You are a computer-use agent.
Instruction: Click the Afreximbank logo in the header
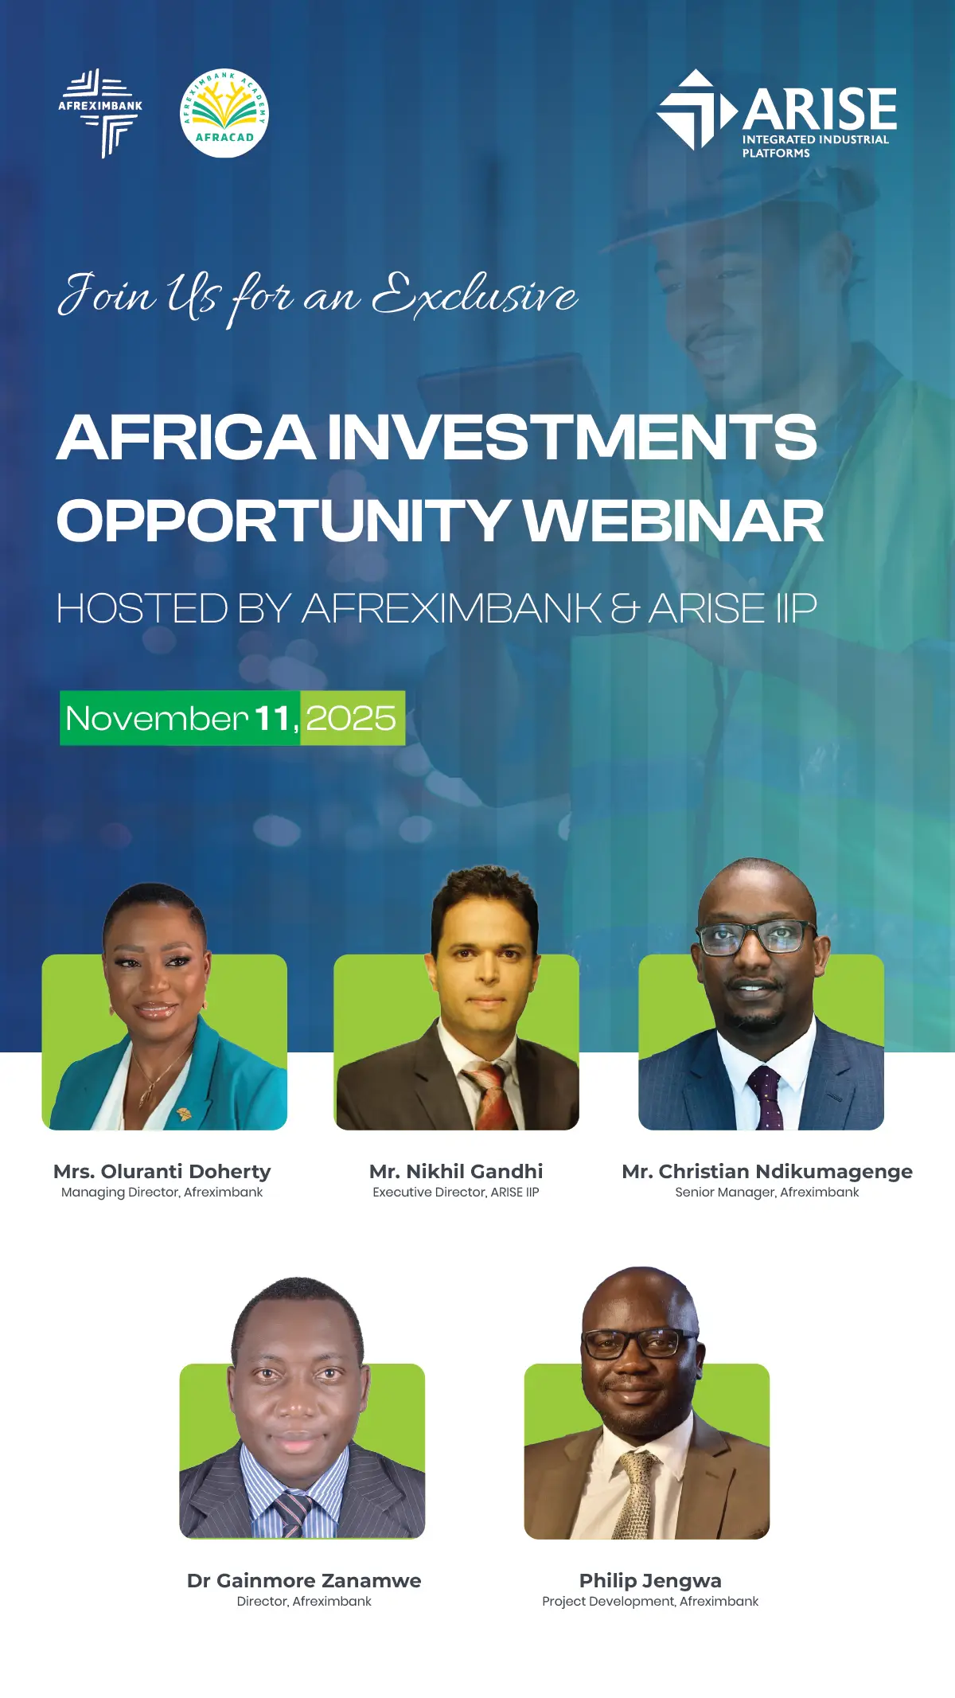click(x=100, y=112)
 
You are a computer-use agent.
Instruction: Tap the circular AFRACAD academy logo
click(x=224, y=112)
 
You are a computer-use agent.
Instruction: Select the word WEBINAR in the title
click(x=672, y=521)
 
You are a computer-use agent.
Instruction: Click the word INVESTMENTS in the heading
click(x=571, y=437)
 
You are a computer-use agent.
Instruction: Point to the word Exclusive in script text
click(x=474, y=295)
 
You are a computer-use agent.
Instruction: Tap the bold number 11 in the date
click(x=271, y=718)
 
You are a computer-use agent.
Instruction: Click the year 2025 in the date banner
click(x=351, y=718)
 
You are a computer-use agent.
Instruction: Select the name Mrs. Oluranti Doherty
click(x=162, y=1171)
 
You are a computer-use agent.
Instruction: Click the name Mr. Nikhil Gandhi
click(x=456, y=1171)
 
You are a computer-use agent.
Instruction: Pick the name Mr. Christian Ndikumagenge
click(x=767, y=1171)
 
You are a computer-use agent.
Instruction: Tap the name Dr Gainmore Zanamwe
click(x=304, y=1580)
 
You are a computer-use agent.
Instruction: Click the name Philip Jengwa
click(x=650, y=1580)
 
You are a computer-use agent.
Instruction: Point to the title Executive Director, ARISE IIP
click(x=456, y=1192)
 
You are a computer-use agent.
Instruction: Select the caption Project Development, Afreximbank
click(x=650, y=1601)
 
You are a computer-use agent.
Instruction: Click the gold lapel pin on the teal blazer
click(x=184, y=1113)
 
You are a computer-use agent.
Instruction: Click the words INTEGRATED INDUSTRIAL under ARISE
click(x=815, y=139)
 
